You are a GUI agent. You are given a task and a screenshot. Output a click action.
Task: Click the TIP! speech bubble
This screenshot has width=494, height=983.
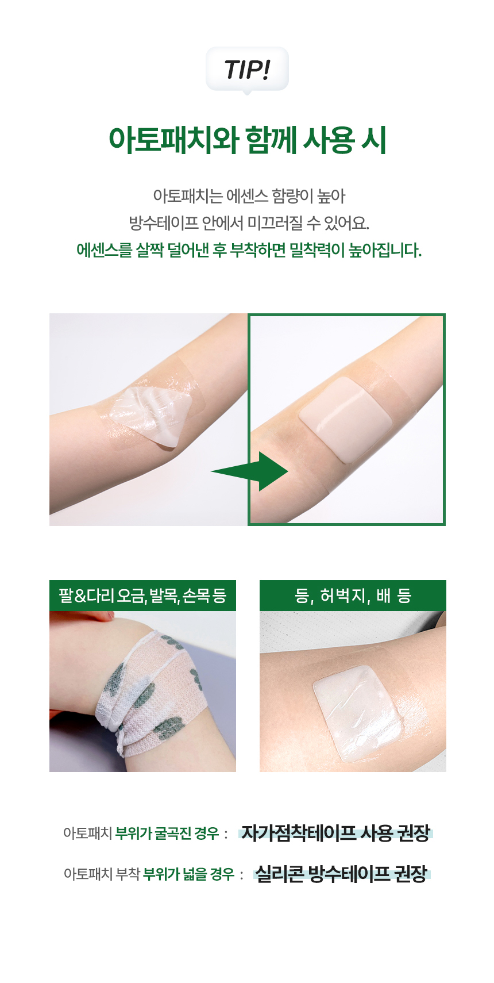tap(247, 69)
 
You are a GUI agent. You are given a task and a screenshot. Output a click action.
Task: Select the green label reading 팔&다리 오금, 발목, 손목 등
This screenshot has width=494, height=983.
tap(142, 596)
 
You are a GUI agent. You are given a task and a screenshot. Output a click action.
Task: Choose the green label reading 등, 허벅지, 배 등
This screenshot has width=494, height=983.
tap(353, 596)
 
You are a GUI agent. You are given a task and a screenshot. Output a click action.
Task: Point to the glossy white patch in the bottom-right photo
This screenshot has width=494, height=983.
tap(357, 712)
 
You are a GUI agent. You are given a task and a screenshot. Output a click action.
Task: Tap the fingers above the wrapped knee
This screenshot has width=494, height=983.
tap(86, 616)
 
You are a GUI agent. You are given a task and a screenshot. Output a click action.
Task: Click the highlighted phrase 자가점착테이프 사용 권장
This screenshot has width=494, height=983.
tap(335, 833)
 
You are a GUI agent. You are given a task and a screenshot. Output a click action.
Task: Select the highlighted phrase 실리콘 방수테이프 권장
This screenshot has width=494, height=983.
tap(341, 874)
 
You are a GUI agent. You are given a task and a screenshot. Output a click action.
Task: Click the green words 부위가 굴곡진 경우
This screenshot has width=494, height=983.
tap(167, 833)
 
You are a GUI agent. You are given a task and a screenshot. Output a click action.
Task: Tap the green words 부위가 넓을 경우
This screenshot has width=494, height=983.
tap(188, 874)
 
